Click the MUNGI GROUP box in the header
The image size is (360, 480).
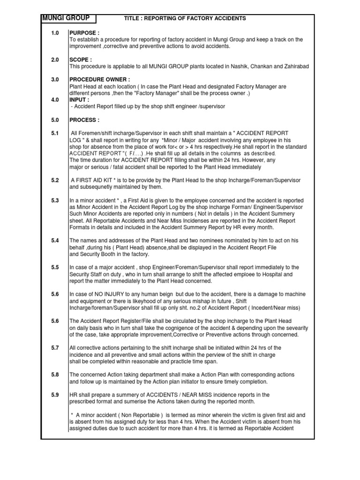[x=68, y=18]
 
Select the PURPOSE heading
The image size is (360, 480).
[x=84, y=33]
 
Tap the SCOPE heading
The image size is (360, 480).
[x=81, y=60]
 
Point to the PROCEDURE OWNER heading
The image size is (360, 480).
[x=100, y=80]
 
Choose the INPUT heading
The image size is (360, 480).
[x=79, y=100]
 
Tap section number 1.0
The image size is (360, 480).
[x=55, y=33]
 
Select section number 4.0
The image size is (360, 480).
[x=55, y=100]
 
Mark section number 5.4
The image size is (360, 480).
[x=55, y=240]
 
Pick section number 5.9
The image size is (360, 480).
[x=55, y=395]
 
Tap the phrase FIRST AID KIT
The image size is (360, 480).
[x=97, y=180]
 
